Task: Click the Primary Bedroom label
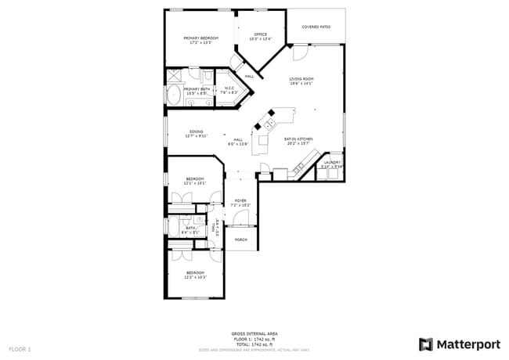[200, 40]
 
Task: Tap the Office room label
[259, 36]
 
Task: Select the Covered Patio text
[316, 27]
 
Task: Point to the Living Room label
[301, 81]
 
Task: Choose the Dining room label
[196, 133]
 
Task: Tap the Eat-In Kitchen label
[299, 141]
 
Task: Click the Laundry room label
[332, 164]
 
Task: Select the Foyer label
[240, 202]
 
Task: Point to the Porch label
[240, 239]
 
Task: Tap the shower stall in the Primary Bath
[174, 76]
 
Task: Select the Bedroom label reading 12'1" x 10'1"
[195, 181]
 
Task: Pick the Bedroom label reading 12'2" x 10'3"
[195, 275]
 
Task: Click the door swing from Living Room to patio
[298, 53]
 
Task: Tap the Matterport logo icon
[426, 344]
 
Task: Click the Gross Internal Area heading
[254, 333]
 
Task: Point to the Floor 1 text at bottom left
[20, 347]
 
